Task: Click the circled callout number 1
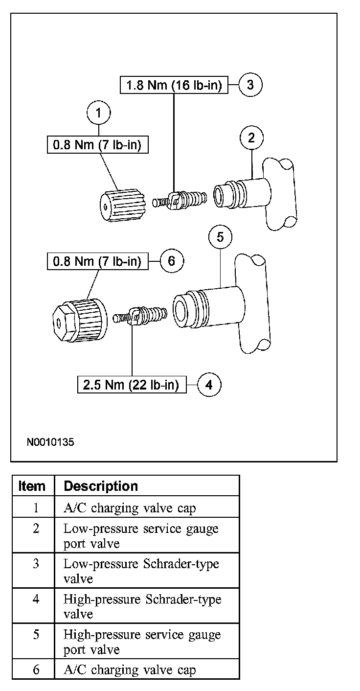click(x=99, y=114)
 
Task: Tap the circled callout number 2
click(x=251, y=138)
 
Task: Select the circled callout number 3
click(x=250, y=85)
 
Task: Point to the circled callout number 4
click(x=209, y=385)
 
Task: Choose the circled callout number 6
click(x=171, y=261)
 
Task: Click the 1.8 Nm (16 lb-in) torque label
click(x=174, y=86)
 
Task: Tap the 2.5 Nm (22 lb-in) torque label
click(x=131, y=385)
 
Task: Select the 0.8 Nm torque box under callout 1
click(x=98, y=145)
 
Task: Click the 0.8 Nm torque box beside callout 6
click(x=98, y=261)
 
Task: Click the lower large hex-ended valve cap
click(x=79, y=321)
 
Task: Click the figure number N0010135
click(x=50, y=442)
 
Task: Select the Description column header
click(x=101, y=486)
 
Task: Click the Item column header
click(x=32, y=486)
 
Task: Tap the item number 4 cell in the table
click(x=36, y=599)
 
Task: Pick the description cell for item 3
click(x=141, y=571)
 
